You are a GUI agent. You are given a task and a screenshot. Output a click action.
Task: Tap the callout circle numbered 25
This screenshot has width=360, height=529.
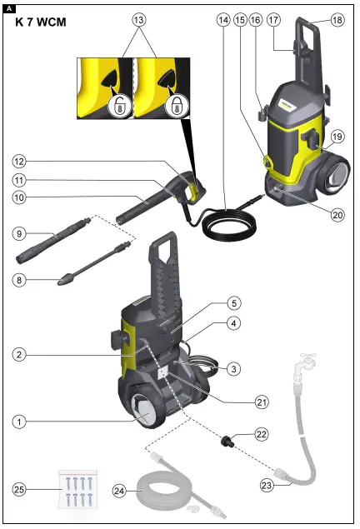click(21, 487)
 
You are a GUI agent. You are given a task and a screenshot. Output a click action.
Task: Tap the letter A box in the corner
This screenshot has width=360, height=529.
click(9, 8)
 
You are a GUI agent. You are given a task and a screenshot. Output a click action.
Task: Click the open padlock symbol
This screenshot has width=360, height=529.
click(122, 104)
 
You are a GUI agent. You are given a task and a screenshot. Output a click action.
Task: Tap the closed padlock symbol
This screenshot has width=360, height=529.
click(177, 104)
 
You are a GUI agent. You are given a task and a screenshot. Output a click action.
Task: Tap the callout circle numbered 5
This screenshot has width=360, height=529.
click(235, 304)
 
